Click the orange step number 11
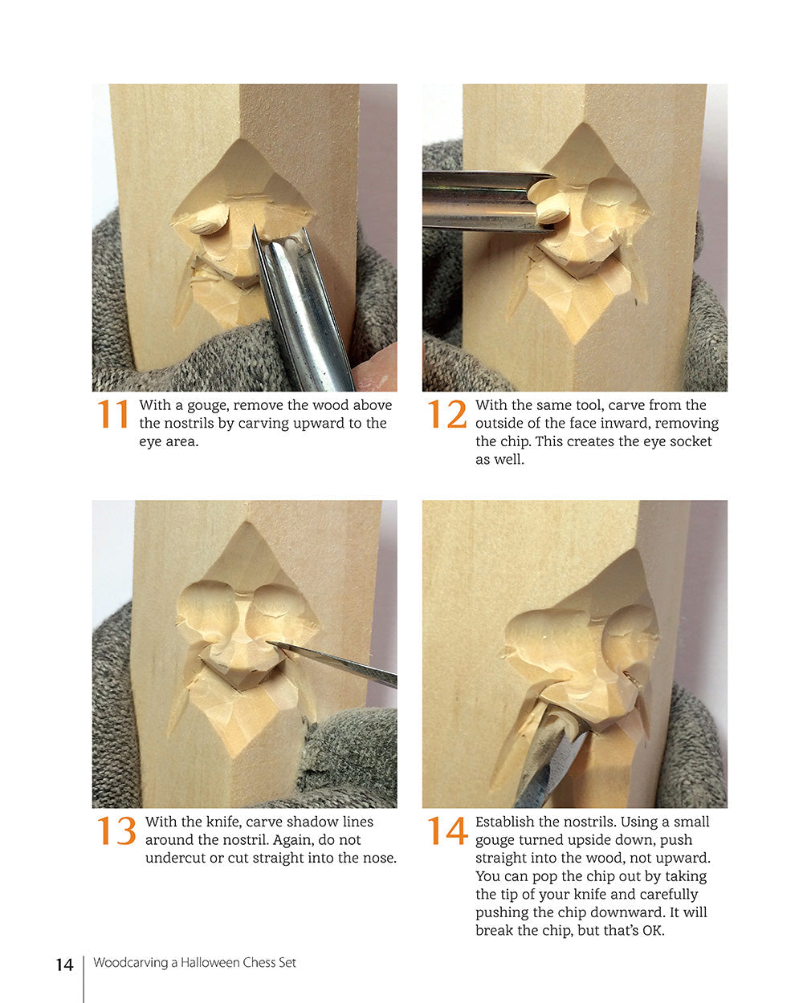pos(113,415)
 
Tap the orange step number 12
pos(446,415)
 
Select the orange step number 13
pos(116,831)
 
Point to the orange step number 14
pos(447,831)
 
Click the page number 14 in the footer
pos(64,964)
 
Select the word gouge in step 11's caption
pos(206,406)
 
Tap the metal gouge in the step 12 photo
pos(474,201)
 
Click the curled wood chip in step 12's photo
pos(551,210)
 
